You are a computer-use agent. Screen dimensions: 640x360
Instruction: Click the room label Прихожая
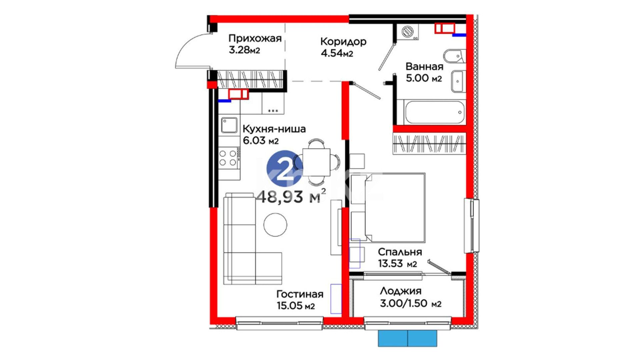[255, 39]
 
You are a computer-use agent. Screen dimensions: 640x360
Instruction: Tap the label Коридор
[343, 42]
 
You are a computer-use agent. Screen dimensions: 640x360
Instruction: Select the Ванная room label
[424, 67]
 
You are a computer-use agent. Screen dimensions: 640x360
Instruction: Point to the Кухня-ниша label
[274, 129]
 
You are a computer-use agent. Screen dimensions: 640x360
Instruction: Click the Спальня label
[400, 252]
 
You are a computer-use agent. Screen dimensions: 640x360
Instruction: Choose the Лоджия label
[401, 291]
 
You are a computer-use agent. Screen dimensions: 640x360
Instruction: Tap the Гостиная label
[300, 294]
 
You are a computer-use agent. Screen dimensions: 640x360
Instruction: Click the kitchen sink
[229, 125]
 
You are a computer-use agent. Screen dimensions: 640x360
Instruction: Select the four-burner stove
[228, 158]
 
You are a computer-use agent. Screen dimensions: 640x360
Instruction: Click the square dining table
[316, 162]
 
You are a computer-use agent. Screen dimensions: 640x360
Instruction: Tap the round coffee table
[275, 225]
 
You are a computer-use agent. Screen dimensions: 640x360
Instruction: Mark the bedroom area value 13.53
[391, 264]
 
